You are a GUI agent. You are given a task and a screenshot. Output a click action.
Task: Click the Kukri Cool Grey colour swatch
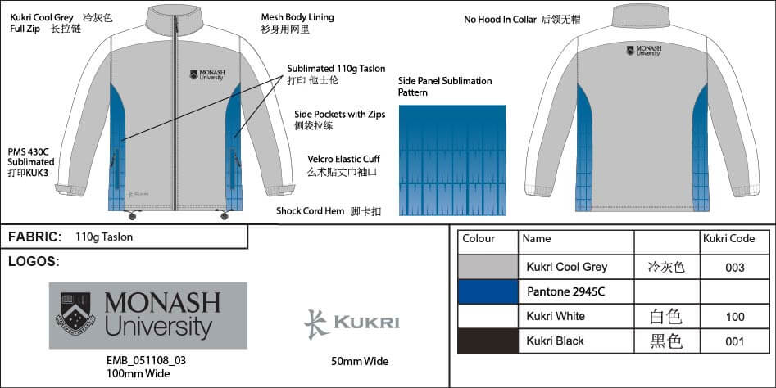[488, 267]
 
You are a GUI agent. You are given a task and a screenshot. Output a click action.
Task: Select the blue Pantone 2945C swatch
[488, 291]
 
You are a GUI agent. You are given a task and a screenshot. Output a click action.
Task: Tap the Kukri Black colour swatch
[488, 341]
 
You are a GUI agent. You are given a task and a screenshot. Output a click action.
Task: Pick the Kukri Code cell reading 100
[735, 316]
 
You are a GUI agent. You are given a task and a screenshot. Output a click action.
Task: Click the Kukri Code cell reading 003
[735, 268]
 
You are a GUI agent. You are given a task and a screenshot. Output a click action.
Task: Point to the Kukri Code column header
[728, 239]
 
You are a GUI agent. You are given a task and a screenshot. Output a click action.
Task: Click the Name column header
[537, 239]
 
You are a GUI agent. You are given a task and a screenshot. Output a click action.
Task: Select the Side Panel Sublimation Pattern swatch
[452, 160]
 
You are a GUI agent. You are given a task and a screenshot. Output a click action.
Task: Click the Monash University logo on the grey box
[148, 316]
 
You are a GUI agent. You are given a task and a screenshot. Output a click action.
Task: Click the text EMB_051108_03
[146, 360]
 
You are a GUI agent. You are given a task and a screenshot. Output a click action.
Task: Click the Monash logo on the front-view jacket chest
[206, 75]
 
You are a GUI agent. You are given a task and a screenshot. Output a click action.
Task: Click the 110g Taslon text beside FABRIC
[104, 237]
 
